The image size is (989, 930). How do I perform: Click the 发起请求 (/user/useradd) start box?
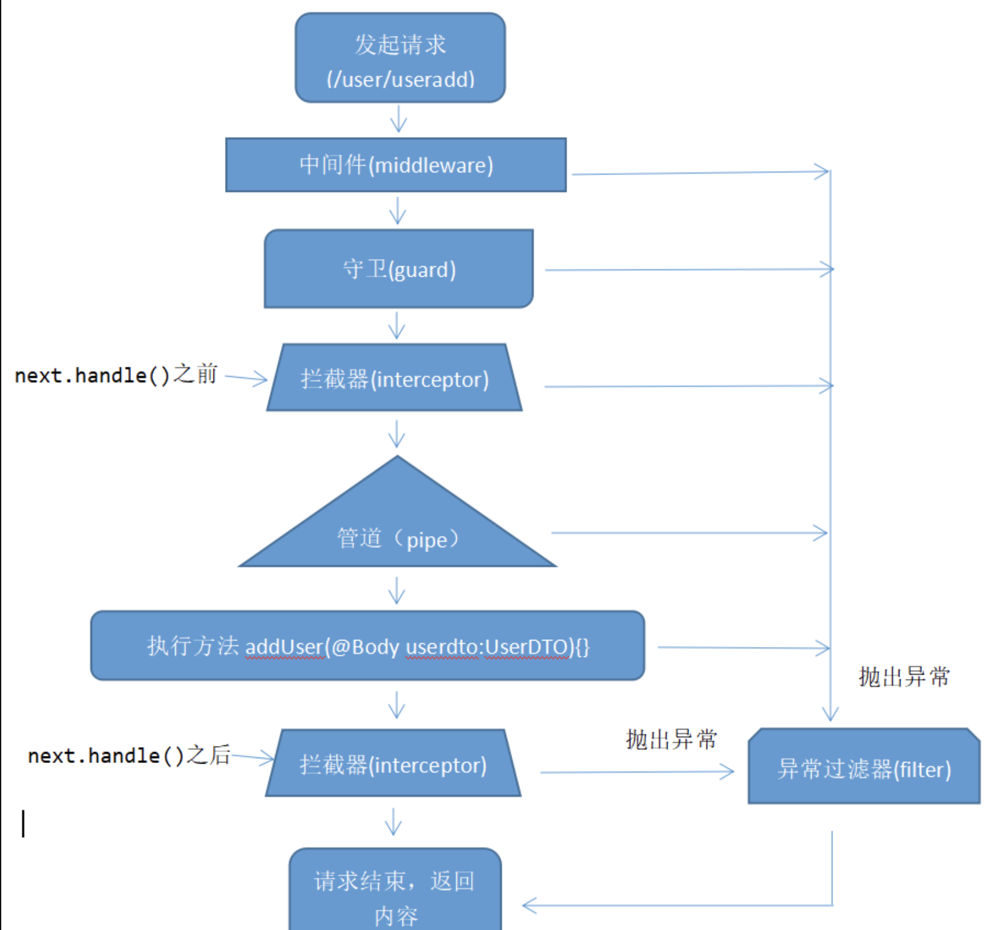[400, 59]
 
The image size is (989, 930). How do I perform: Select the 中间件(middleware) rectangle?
[396, 165]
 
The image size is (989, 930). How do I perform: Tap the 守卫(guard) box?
[399, 269]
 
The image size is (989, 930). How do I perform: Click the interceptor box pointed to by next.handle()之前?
[395, 378]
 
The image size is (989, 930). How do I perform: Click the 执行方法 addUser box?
[367, 646]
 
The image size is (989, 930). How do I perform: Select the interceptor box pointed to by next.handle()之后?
[393, 764]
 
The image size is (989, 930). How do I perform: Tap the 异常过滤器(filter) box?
[863, 768]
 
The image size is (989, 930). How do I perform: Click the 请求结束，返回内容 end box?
[395, 893]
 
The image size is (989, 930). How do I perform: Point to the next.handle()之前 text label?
[116, 374]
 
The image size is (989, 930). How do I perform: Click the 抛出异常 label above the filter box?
[904, 676]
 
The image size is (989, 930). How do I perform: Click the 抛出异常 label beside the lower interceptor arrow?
[671, 739]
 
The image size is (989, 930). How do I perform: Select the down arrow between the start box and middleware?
[398, 119]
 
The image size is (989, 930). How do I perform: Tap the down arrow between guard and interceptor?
[397, 325]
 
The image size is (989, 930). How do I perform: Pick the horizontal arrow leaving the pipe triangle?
[689, 533]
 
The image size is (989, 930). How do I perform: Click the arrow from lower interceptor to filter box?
[637, 772]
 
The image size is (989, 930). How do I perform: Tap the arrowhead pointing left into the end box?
[529, 906]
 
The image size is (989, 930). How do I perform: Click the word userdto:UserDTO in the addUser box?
[487, 646]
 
